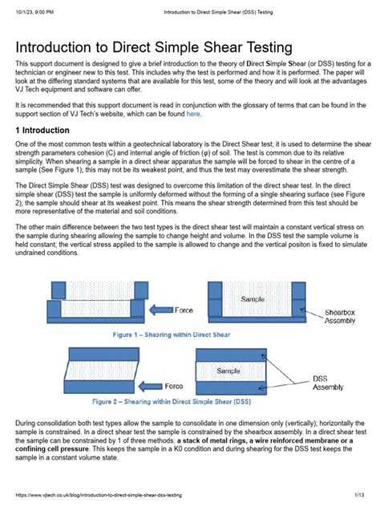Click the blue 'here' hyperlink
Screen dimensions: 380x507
pyautogui.click(x=193, y=114)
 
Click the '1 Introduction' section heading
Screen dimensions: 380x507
pyautogui.click(x=42, y=130)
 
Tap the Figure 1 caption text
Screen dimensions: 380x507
pyautogui.click(x=172, y=335)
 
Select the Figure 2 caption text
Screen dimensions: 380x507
pyautogui.click(x=172, y=402)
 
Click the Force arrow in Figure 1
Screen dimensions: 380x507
pyautogui.click(x=161, y=310)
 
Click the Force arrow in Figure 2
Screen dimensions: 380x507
pyautogui.click(x=150, y=386)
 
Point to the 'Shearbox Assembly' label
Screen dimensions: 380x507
pyautogui.click(x=340, y=317)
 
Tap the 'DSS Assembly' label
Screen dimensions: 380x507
pyautogui.click(x=328, y=383)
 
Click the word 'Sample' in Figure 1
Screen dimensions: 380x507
pyautogui.click(x=253, y=299)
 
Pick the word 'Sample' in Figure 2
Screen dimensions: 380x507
pyautogui.click(x=228, y=371)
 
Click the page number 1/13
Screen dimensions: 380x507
pyautogui.click(x=359, y=495)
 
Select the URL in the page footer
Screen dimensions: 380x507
pyautogui.click(x=99, y=495)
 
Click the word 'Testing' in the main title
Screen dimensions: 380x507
pyautogui.click(x=269, y=47)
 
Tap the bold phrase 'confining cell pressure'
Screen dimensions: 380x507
pyautogui.click(x=51, y=448)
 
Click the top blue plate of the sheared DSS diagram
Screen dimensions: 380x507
pyautogui.click(x=104, y=355)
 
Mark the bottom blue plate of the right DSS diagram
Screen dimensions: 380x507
pyautogui.click(x=232, y=388)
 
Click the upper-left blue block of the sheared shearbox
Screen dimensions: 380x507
pyautogui.click(x=59, y=290)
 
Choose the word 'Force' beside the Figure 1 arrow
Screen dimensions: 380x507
pyautogui.click(x=184, y=310)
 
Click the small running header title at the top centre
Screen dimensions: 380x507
pyautogui.click(x=218, y=12)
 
